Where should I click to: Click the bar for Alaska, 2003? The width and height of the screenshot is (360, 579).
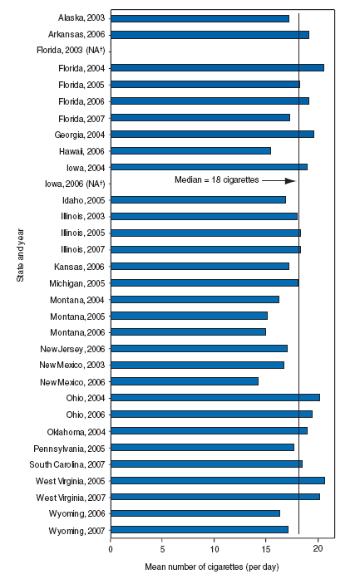coord(200,18)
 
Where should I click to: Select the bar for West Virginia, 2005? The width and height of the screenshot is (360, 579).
coord(217,480)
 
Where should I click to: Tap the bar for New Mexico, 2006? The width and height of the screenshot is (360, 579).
coord(184,381)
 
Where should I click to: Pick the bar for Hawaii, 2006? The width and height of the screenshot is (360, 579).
coord(190,150)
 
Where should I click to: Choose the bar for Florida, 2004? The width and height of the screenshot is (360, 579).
coord(217,67)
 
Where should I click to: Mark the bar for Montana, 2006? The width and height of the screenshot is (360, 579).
coord(188,331)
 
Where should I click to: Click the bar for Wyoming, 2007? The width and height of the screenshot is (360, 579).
coord(199,529)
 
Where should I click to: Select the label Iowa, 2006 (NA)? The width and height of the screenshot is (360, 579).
coord(76,183)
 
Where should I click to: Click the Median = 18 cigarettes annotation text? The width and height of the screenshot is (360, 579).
coord(217,179)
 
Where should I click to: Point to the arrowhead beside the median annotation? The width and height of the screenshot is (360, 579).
coord(291,180)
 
